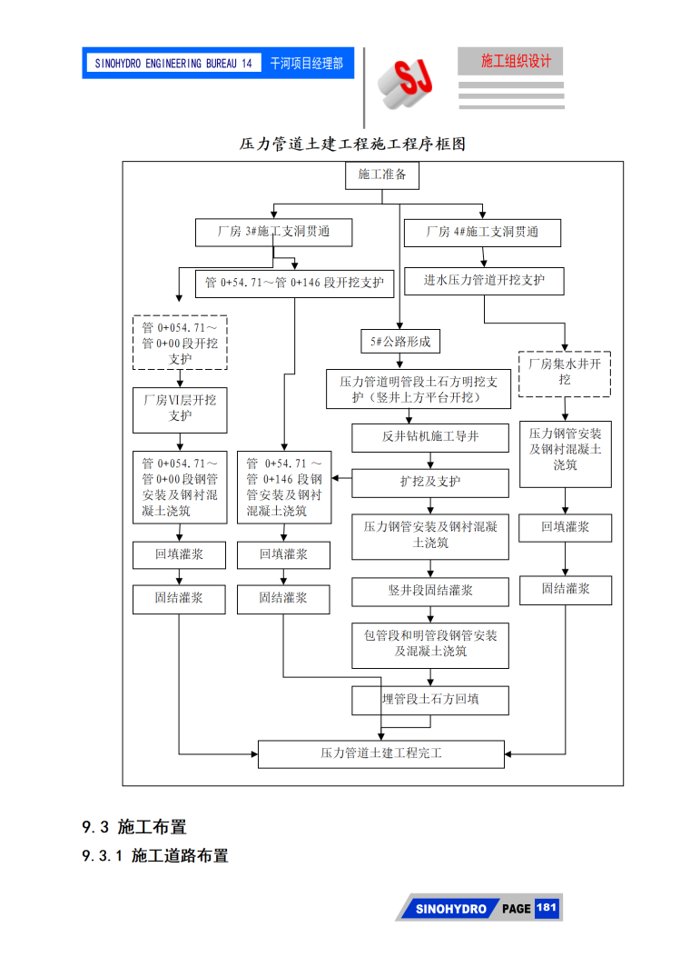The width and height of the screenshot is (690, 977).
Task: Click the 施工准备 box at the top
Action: click(x=382, y=175)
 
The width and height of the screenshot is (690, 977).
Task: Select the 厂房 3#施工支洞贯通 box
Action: click(x=273, y=233)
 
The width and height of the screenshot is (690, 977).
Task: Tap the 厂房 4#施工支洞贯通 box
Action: click(x=482, y=233)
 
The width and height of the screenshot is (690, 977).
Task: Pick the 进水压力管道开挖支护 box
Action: click(x=484, y=281)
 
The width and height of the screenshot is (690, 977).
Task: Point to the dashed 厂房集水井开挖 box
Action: click(x=565, y=373)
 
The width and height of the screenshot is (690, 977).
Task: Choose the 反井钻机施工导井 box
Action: click(x=430, y=437)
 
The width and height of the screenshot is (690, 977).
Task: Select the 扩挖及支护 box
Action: click(x=430, y=483)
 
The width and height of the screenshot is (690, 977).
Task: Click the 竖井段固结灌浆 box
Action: click(x=430, y=592)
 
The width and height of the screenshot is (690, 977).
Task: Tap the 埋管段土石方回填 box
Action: click(x=430, y=700)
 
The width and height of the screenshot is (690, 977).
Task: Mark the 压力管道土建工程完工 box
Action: click(x=381, y=753)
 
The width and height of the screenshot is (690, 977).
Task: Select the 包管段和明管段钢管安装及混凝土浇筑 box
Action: click(x=430, y=644)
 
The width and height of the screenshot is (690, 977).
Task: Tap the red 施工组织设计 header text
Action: click(x=516, y=62)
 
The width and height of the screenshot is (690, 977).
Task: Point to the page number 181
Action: click(x=547, y=908)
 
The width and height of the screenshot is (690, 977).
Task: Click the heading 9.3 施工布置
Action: click(x=134, y=827)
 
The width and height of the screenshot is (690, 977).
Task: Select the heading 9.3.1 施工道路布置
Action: click(x=155, y=856)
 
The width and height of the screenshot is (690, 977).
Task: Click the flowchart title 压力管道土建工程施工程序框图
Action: click(x=352, y=145)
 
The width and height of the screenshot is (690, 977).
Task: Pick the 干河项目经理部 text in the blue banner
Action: click(x=306, y=64)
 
